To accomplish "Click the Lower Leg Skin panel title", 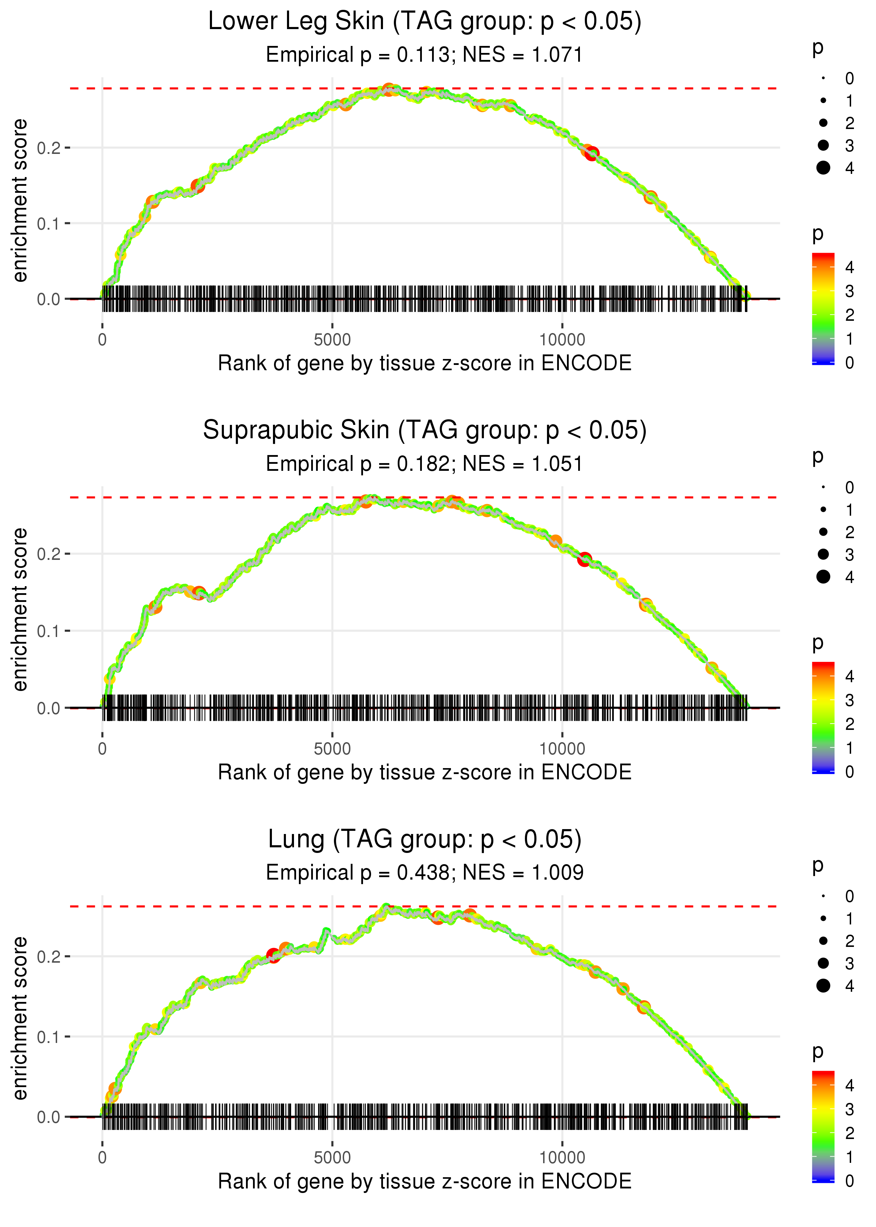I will (x=425, y=22).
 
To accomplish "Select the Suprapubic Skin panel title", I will (x=425, y=431).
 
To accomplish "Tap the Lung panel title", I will (x=425, y=840).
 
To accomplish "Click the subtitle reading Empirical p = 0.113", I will (x=425, y=55).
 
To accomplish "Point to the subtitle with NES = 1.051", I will (x=425, y=464).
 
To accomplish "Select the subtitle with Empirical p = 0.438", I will (x=425, y=873).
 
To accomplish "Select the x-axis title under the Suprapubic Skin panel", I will (x=425, y=772).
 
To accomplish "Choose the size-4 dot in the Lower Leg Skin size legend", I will (x=823, y=168).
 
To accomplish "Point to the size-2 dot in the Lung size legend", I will (x=823, y=941).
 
